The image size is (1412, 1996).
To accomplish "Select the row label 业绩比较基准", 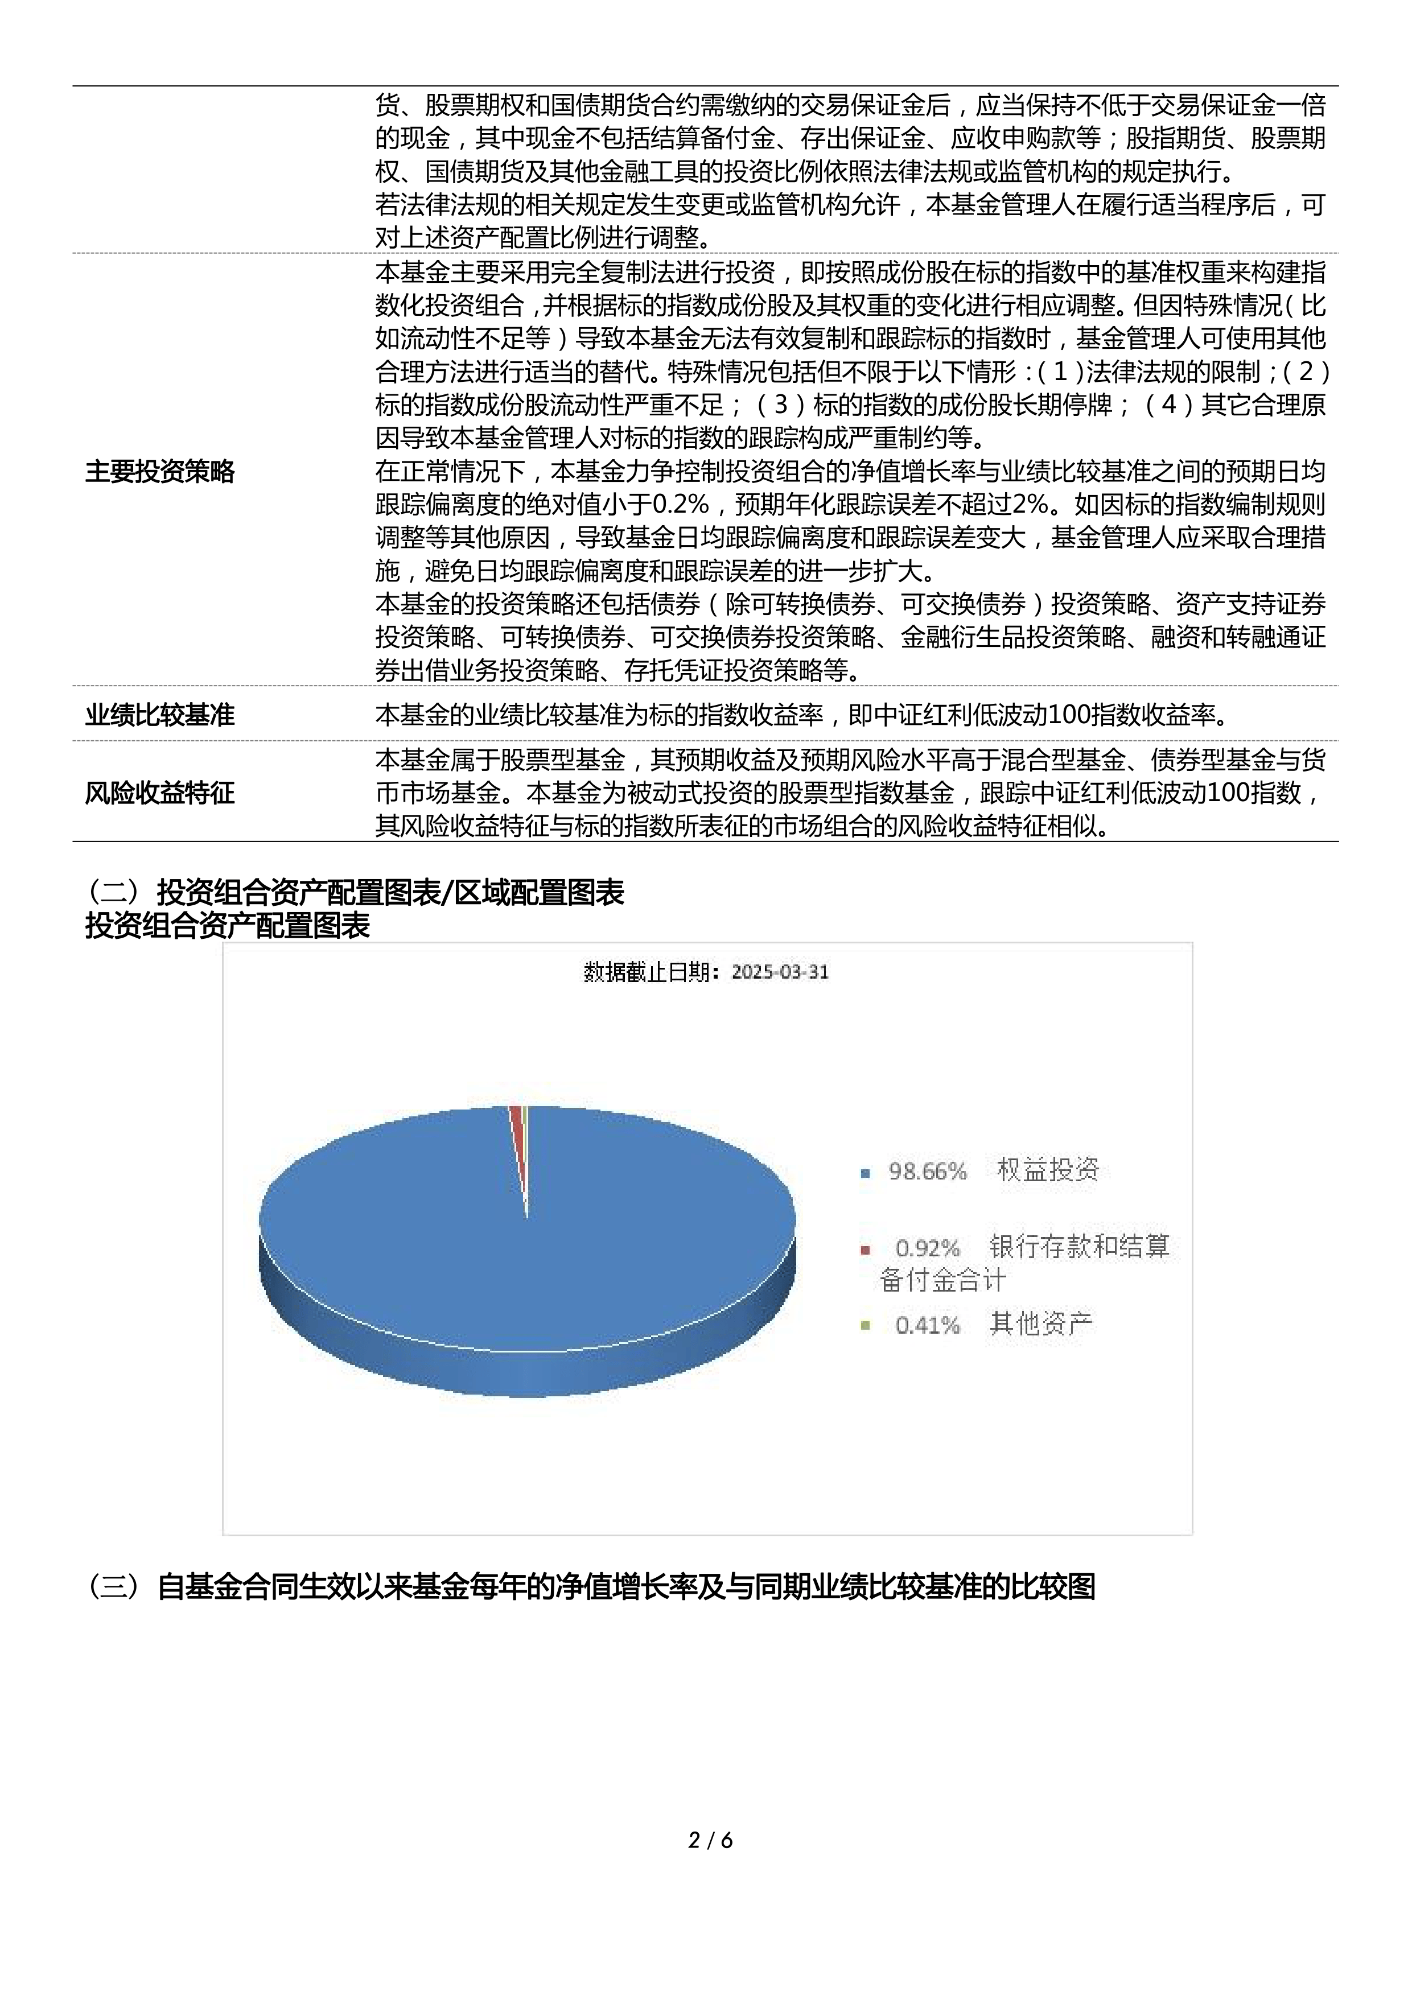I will (x=160, y=715).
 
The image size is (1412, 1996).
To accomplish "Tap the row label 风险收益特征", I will (x=160, y=792).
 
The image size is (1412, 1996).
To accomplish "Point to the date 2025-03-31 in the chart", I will (x=779, y=972).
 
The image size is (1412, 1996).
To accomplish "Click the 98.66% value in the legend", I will (x=927, y=1171).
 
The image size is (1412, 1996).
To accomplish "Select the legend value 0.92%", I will (x=927, y=1248).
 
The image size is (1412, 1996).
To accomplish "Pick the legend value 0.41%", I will (x=927, y=1325).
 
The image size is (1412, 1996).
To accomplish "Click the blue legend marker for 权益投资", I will (x=865, y=1173).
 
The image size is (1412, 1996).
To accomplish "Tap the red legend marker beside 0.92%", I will (x=865, y=1250).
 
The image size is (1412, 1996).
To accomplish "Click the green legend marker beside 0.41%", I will (x=865, y=1326).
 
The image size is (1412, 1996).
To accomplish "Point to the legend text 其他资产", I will (x=1041, y=1323).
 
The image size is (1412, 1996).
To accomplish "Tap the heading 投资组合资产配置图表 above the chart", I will (x=228, y=926).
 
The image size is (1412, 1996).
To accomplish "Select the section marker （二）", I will (x=113, y=892).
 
